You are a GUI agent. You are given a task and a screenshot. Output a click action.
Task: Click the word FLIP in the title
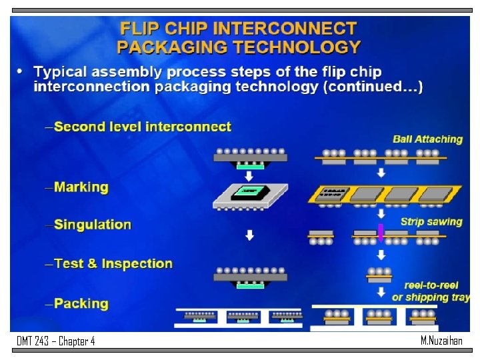click(140, 29)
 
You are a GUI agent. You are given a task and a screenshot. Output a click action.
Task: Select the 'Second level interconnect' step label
click(143, 127)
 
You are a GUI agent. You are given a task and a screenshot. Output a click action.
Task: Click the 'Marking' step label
click(81, 187)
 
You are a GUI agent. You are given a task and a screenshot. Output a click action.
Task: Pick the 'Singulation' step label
click(93, 225)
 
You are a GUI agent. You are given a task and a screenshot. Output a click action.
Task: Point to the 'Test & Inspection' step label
click(113, 264)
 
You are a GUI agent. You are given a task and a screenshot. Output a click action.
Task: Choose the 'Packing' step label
click(81, 304)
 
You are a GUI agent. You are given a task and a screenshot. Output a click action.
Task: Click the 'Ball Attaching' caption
click(427, 139)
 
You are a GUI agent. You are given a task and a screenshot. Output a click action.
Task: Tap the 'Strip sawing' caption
click(431, 221)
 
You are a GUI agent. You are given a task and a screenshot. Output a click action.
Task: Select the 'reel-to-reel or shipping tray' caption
click(431, 291)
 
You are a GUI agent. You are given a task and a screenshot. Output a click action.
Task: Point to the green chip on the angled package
click(249, 191)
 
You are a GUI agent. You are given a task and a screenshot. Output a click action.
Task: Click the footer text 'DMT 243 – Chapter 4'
click(56, 341)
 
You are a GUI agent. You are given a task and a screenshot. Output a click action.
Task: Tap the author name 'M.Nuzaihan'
click(441, 341)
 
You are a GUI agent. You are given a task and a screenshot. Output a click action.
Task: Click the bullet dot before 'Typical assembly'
click(20, 71)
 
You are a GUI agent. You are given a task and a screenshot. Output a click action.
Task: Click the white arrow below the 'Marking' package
click(249, 235)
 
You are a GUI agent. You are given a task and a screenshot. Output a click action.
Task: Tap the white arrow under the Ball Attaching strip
click(381, 173)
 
